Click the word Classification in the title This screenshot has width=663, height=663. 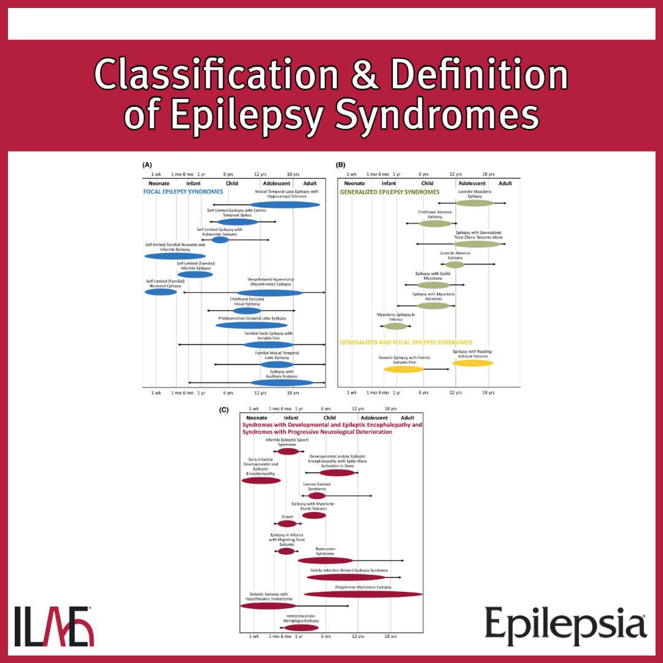tap(215, 77)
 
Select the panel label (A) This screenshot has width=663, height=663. tap(147, 165)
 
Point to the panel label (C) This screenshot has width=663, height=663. tap(224, 409)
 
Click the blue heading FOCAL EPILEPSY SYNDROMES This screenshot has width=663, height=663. tap(184, 192)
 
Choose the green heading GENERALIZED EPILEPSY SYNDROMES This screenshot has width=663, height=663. tap(390, 192)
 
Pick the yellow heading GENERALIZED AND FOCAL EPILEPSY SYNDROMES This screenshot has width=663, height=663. tap(406, 342)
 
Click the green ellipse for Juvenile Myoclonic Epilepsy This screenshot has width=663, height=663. tap(474, 203)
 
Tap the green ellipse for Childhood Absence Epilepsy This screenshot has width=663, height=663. tap(435, 223)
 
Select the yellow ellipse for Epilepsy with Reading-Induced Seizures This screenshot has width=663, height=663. tap(473, 363)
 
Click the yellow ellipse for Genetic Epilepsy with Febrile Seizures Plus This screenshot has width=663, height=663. tap(403, 370)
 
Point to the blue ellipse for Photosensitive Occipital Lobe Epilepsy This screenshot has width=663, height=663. tap(251, 325)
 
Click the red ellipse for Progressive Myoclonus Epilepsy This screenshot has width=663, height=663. tap(363, 594)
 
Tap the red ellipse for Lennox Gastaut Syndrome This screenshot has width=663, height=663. tap(317, 495)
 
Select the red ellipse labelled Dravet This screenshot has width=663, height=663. tap(287, 524)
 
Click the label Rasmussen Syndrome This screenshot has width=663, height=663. tap(325, 551)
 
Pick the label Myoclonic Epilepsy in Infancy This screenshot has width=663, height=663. tap(396, 317)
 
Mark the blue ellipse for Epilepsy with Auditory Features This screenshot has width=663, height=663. tap(282, 382)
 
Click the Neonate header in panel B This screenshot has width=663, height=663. tap(355, 183)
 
